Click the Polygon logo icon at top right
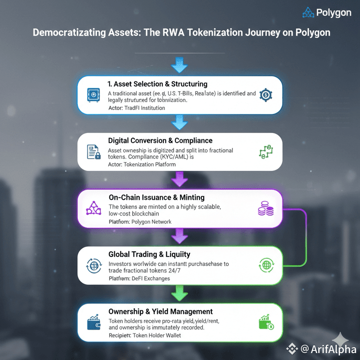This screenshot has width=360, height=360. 308,13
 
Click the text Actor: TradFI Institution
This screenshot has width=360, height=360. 137,108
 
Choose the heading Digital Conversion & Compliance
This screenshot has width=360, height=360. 160,141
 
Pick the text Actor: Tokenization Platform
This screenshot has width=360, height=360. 142,165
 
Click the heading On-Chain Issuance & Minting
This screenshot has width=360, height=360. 157,198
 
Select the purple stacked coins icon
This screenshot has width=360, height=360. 266,210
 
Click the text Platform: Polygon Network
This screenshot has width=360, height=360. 140,222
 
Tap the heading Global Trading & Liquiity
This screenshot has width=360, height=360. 149,254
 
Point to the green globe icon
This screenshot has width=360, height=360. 265,265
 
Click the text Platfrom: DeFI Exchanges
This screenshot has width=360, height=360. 139,278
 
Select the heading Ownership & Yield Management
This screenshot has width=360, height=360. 160,312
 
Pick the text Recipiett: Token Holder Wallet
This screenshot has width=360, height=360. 145,335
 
